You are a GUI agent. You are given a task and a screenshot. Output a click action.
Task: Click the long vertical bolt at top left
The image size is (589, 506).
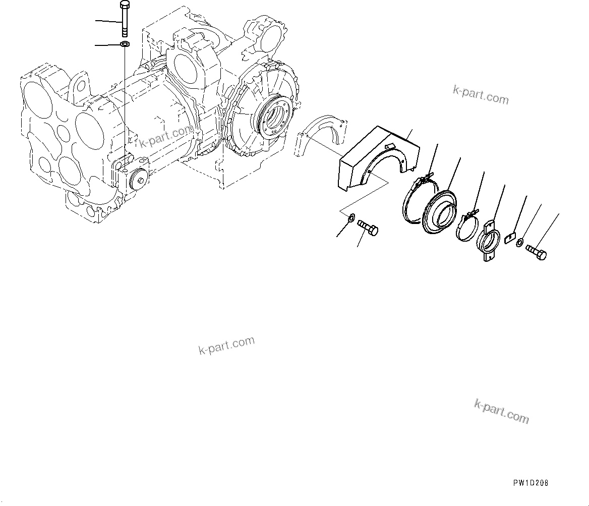[x=125, y=19]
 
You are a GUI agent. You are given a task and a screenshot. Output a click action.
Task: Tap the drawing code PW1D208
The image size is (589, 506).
[x=531, y=483]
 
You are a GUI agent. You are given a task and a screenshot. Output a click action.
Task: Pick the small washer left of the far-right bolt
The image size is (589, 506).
[x=519, y=244]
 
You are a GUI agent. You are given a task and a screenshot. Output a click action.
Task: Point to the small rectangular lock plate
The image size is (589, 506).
[x=509, y=237]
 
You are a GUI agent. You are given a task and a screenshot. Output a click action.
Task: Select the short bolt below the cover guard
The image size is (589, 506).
[x=368, y=228]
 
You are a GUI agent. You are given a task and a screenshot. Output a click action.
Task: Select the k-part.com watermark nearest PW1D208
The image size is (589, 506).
[x=501, y=411]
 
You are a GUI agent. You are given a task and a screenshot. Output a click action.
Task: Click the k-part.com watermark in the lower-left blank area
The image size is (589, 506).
[x=226, y=346]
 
